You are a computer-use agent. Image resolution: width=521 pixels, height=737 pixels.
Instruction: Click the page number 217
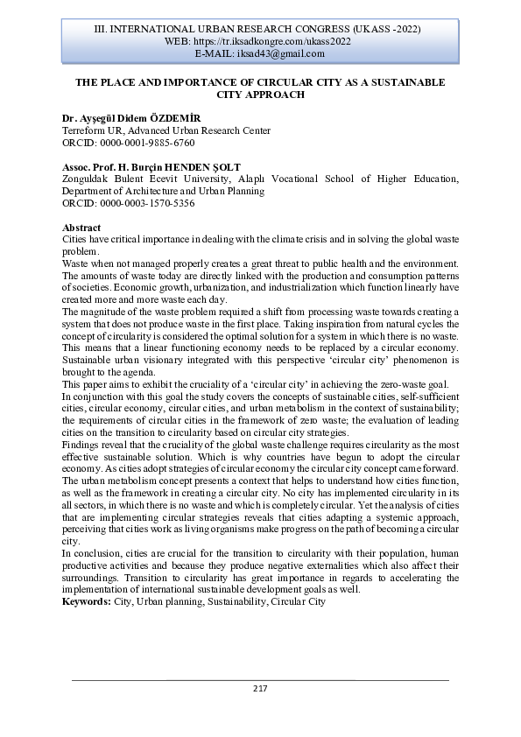(260, 688)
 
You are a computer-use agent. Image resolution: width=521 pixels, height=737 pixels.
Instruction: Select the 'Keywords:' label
(88, 602)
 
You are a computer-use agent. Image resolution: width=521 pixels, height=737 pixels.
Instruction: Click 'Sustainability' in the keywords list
(236, 602)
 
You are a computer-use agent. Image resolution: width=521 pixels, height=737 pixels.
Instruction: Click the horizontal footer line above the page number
(260, 680)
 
